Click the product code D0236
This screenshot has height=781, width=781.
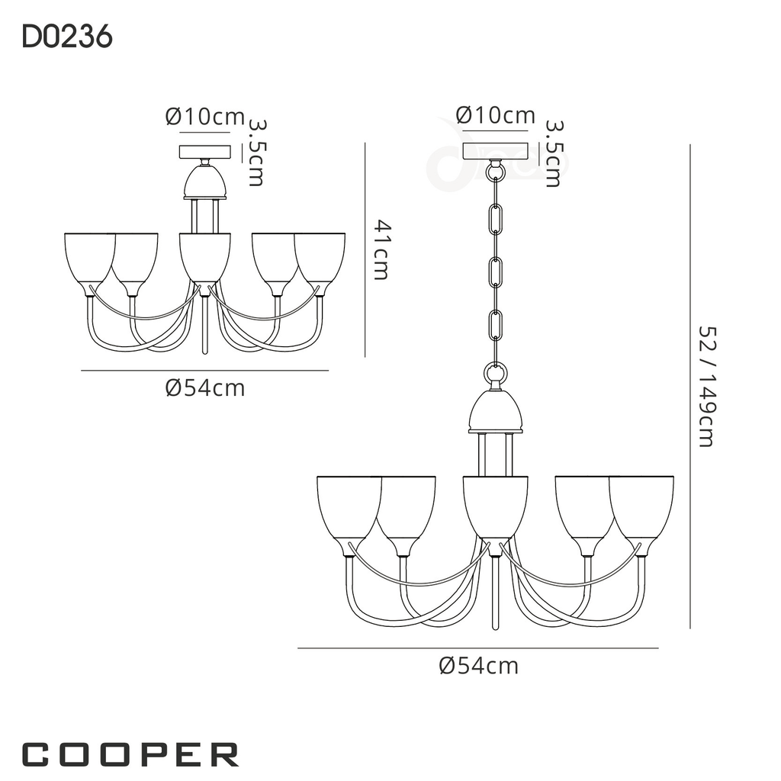point(67,37)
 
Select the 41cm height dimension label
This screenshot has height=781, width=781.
point(382,249)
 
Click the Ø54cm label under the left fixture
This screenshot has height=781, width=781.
point(205,388)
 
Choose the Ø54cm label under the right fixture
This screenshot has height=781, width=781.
point(479,666)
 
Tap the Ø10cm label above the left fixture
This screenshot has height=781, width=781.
point(204,117)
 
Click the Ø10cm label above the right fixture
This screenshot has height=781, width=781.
point(496,115)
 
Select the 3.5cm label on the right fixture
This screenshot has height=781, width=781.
point(554,153)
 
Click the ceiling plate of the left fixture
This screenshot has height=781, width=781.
point(204,151)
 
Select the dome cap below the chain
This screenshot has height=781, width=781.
point(495,413)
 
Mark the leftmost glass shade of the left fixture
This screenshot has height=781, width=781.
point(88,259)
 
